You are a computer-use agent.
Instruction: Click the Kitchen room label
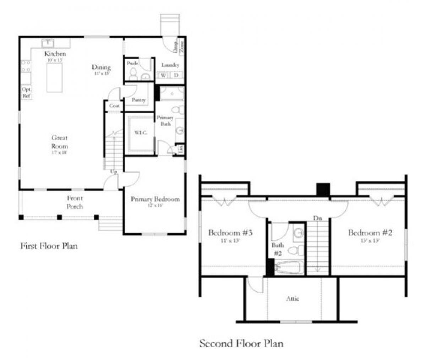tap(55, 54)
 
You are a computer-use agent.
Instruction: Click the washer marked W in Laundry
tap(164, 75)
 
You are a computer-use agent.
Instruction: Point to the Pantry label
tap(138, 100)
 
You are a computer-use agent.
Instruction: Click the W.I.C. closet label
tap(139, 132)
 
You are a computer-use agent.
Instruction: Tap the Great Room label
tap(59, 142)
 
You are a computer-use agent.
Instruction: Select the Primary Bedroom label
tap(155, 199)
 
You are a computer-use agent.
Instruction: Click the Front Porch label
tap(75, 202)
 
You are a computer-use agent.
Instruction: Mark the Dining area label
tap(101, 67)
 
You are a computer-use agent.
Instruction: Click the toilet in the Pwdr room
tap(133, 74)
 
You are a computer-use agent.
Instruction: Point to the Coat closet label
tap(114, 106)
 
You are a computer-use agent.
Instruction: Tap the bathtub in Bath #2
tap(289, 268)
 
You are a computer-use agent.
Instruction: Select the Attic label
tap(293, 299)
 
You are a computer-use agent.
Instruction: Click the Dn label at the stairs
tap(317, 218)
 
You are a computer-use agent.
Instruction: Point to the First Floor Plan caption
tap(49, 246)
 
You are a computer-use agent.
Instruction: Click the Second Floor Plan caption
tap(241, 343)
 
